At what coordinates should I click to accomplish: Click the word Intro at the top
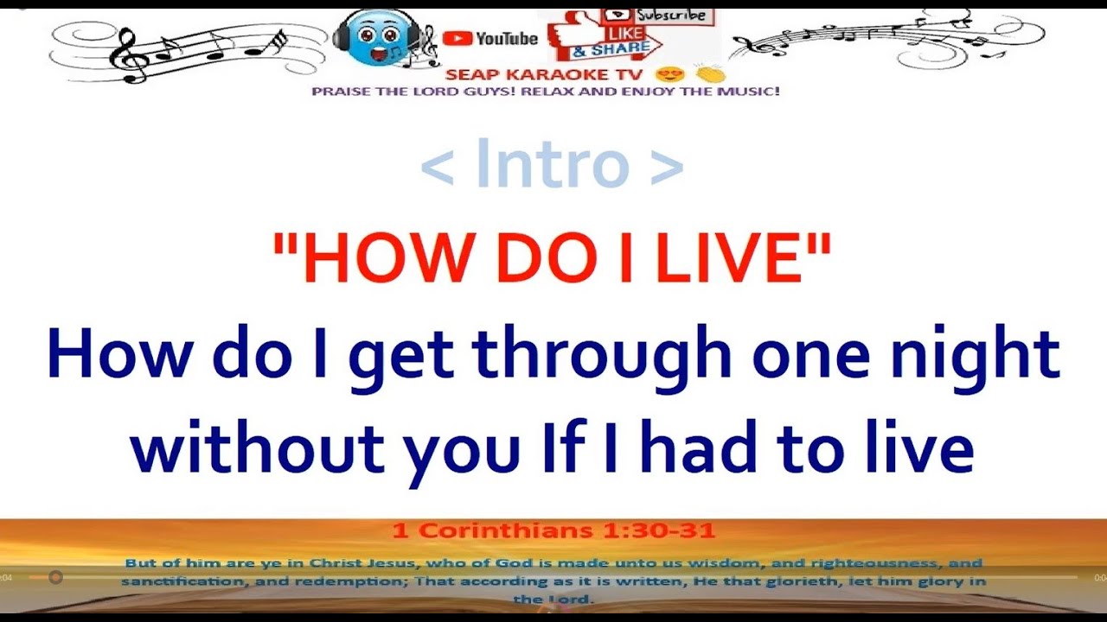click(551, 164)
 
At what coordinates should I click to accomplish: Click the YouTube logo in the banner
click(490, 38)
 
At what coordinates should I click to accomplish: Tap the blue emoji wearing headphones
click(374, 38)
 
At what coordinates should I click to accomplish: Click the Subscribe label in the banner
click(671, 16)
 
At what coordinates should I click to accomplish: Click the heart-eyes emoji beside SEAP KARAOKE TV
click(665, 74)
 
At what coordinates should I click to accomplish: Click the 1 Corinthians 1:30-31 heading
click(553, 530)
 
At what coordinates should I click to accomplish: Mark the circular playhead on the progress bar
click(55, 577)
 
